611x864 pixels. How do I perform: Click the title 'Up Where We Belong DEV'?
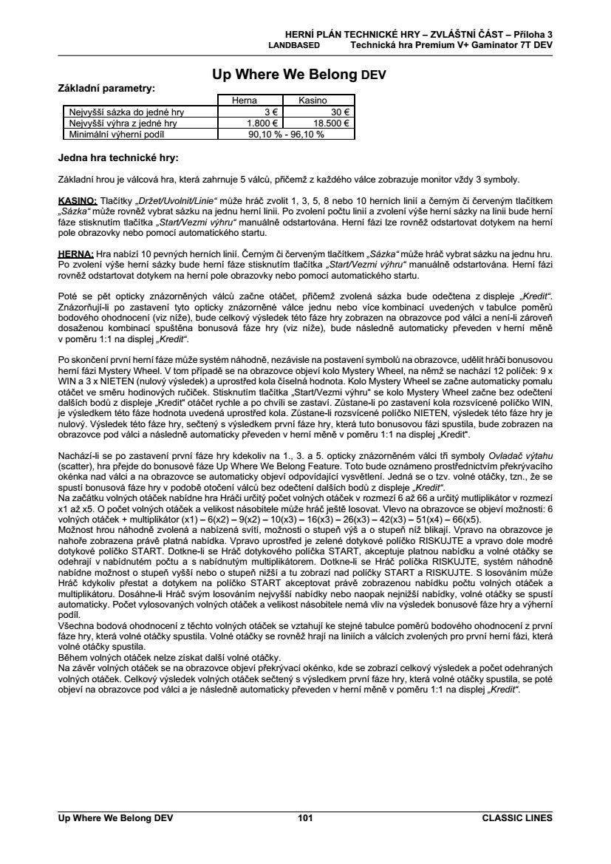point(299,75)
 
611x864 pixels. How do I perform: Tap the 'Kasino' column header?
point(313,101)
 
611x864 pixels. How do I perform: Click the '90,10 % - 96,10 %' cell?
point(284,135)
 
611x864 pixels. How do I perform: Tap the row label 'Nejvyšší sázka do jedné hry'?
point(126,112)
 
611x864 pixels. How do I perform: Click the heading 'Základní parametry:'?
point(106,88)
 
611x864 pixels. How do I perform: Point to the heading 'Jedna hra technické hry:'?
point(118,157)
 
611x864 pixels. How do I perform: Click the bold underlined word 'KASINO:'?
point(78,200)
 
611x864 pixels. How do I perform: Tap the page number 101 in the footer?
point(305,818)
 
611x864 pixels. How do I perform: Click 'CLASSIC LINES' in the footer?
point(516,818)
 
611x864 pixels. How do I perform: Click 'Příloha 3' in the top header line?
point(533,34)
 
